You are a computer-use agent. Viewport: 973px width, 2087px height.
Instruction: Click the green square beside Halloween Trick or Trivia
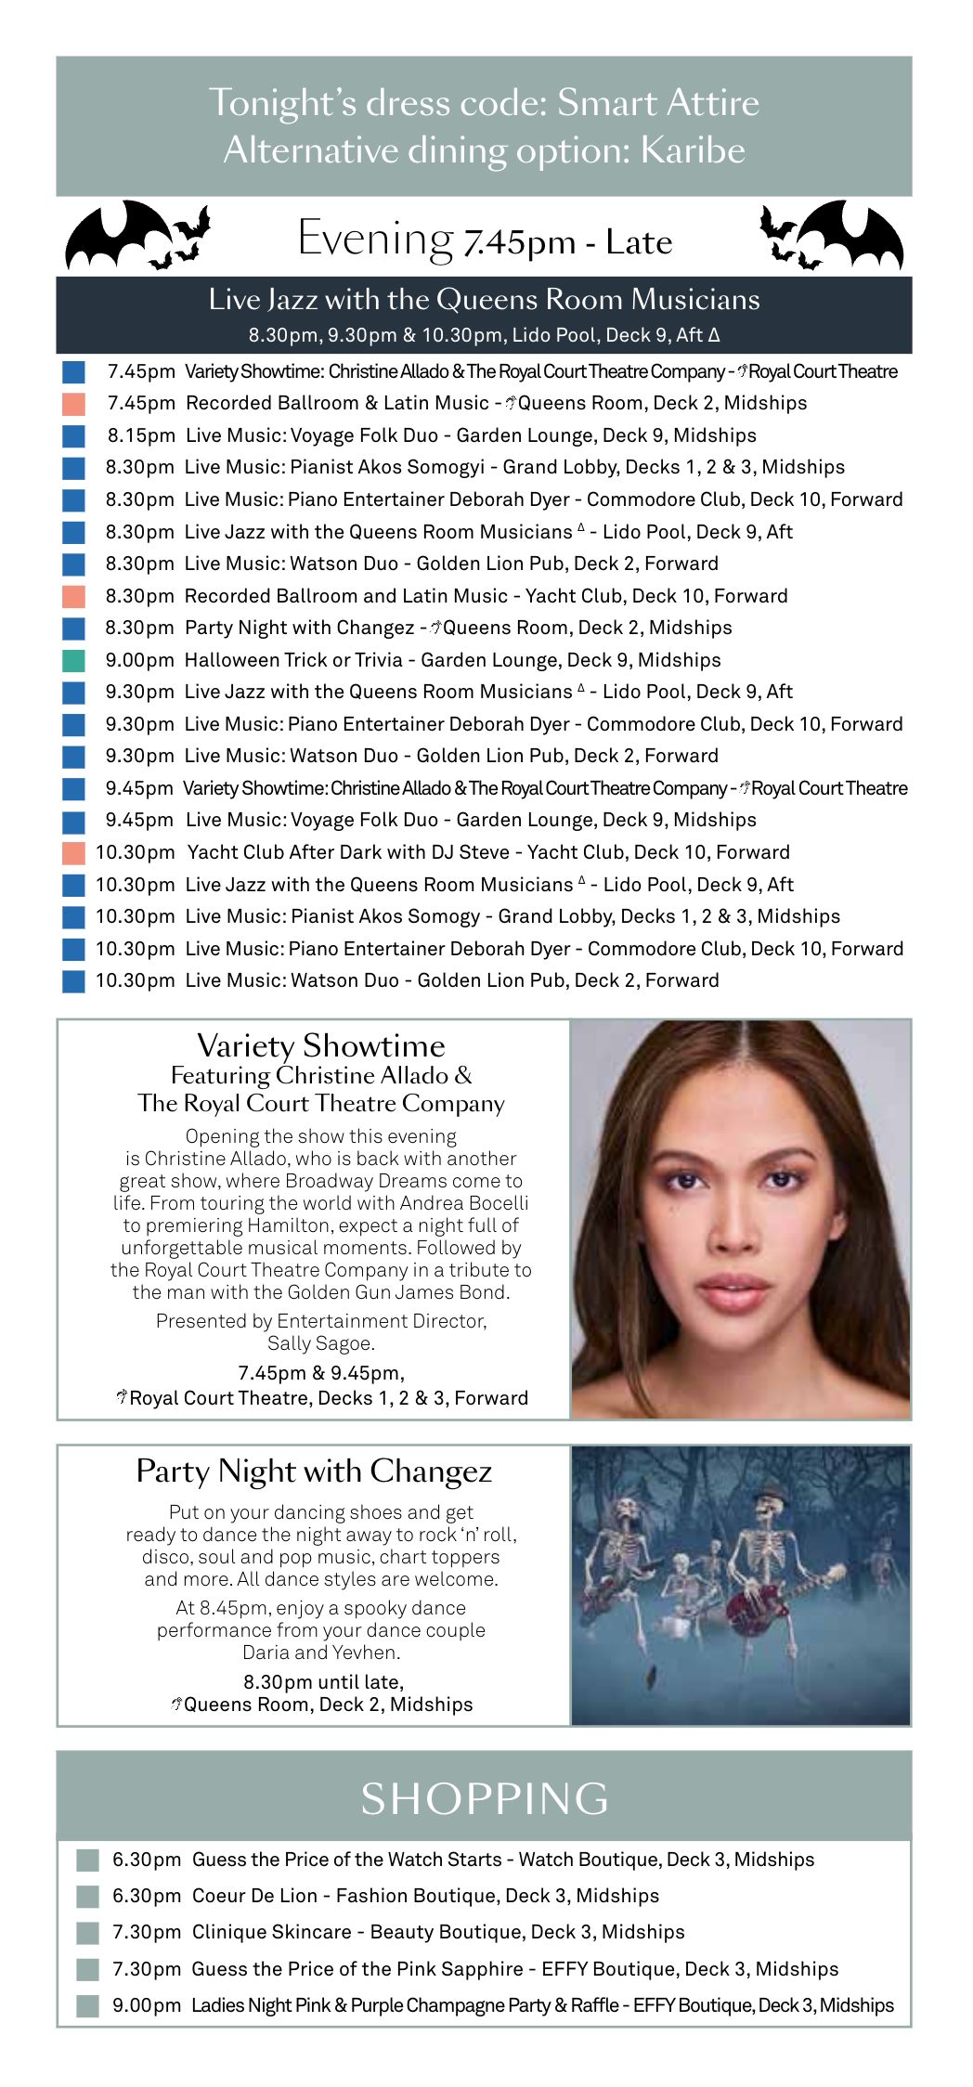pos(73,660)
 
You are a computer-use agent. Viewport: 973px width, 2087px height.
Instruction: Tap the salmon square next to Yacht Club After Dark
pos(73,852)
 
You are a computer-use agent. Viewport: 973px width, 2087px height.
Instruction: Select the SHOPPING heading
pos(484,1798)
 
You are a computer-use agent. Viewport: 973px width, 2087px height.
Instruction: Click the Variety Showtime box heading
pos(320,1046)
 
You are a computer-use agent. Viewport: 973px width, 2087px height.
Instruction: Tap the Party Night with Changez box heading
pos(314,1471)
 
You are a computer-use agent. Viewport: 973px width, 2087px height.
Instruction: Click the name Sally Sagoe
pos(320,1343)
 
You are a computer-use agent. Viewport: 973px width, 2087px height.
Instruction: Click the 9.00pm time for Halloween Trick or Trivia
pos(139,660)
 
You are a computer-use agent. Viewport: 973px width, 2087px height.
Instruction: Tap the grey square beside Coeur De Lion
pos(87,1896)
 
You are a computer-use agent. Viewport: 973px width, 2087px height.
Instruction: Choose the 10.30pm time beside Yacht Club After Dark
pos(136,852)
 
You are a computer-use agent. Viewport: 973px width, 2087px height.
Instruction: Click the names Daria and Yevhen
pos(320,1653)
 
